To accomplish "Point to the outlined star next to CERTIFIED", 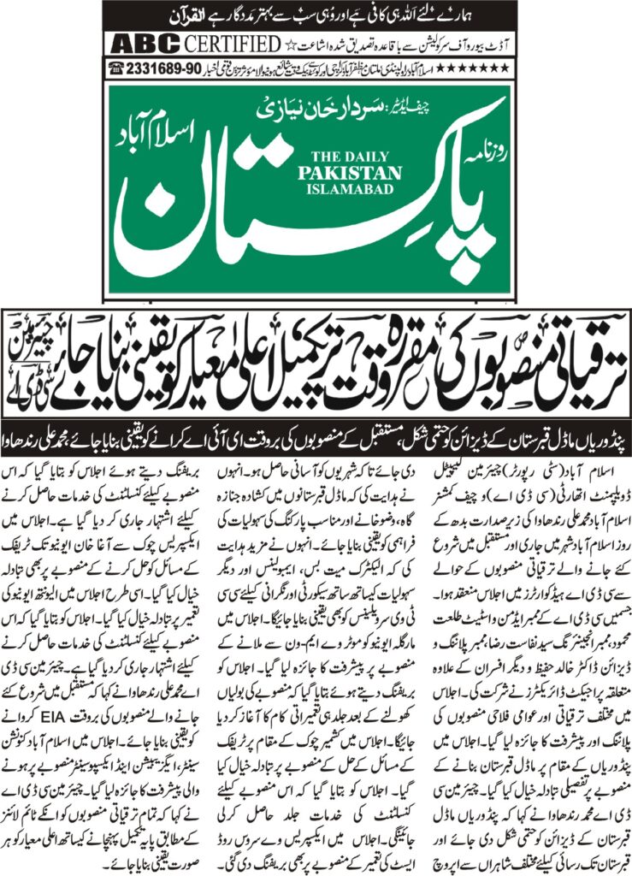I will pos(290,44).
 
